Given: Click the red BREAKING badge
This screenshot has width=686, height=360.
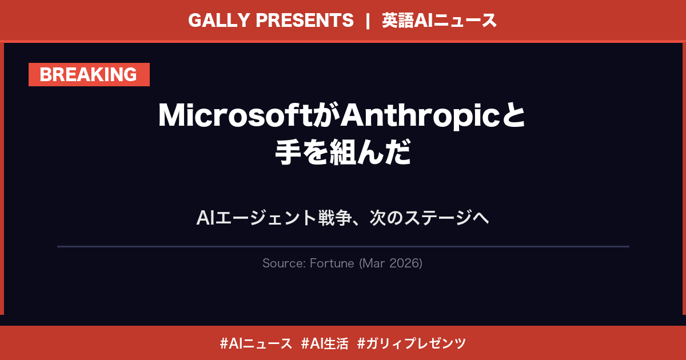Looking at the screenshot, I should tap(89, 75).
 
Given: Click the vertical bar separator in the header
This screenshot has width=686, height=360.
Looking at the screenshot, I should tap(368, 21).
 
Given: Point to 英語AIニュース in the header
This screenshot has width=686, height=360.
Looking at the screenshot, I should tap(440, 21).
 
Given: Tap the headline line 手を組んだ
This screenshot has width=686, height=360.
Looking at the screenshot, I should tap(343, 153).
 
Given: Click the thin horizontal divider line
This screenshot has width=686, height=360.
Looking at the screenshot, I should tap(343, 246).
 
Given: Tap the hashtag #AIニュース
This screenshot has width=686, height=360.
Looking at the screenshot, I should tap(256, 343).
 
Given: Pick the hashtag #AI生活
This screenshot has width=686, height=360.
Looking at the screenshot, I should tap(324, 343).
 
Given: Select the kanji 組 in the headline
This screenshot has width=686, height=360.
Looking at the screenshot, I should tap(342, 153).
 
